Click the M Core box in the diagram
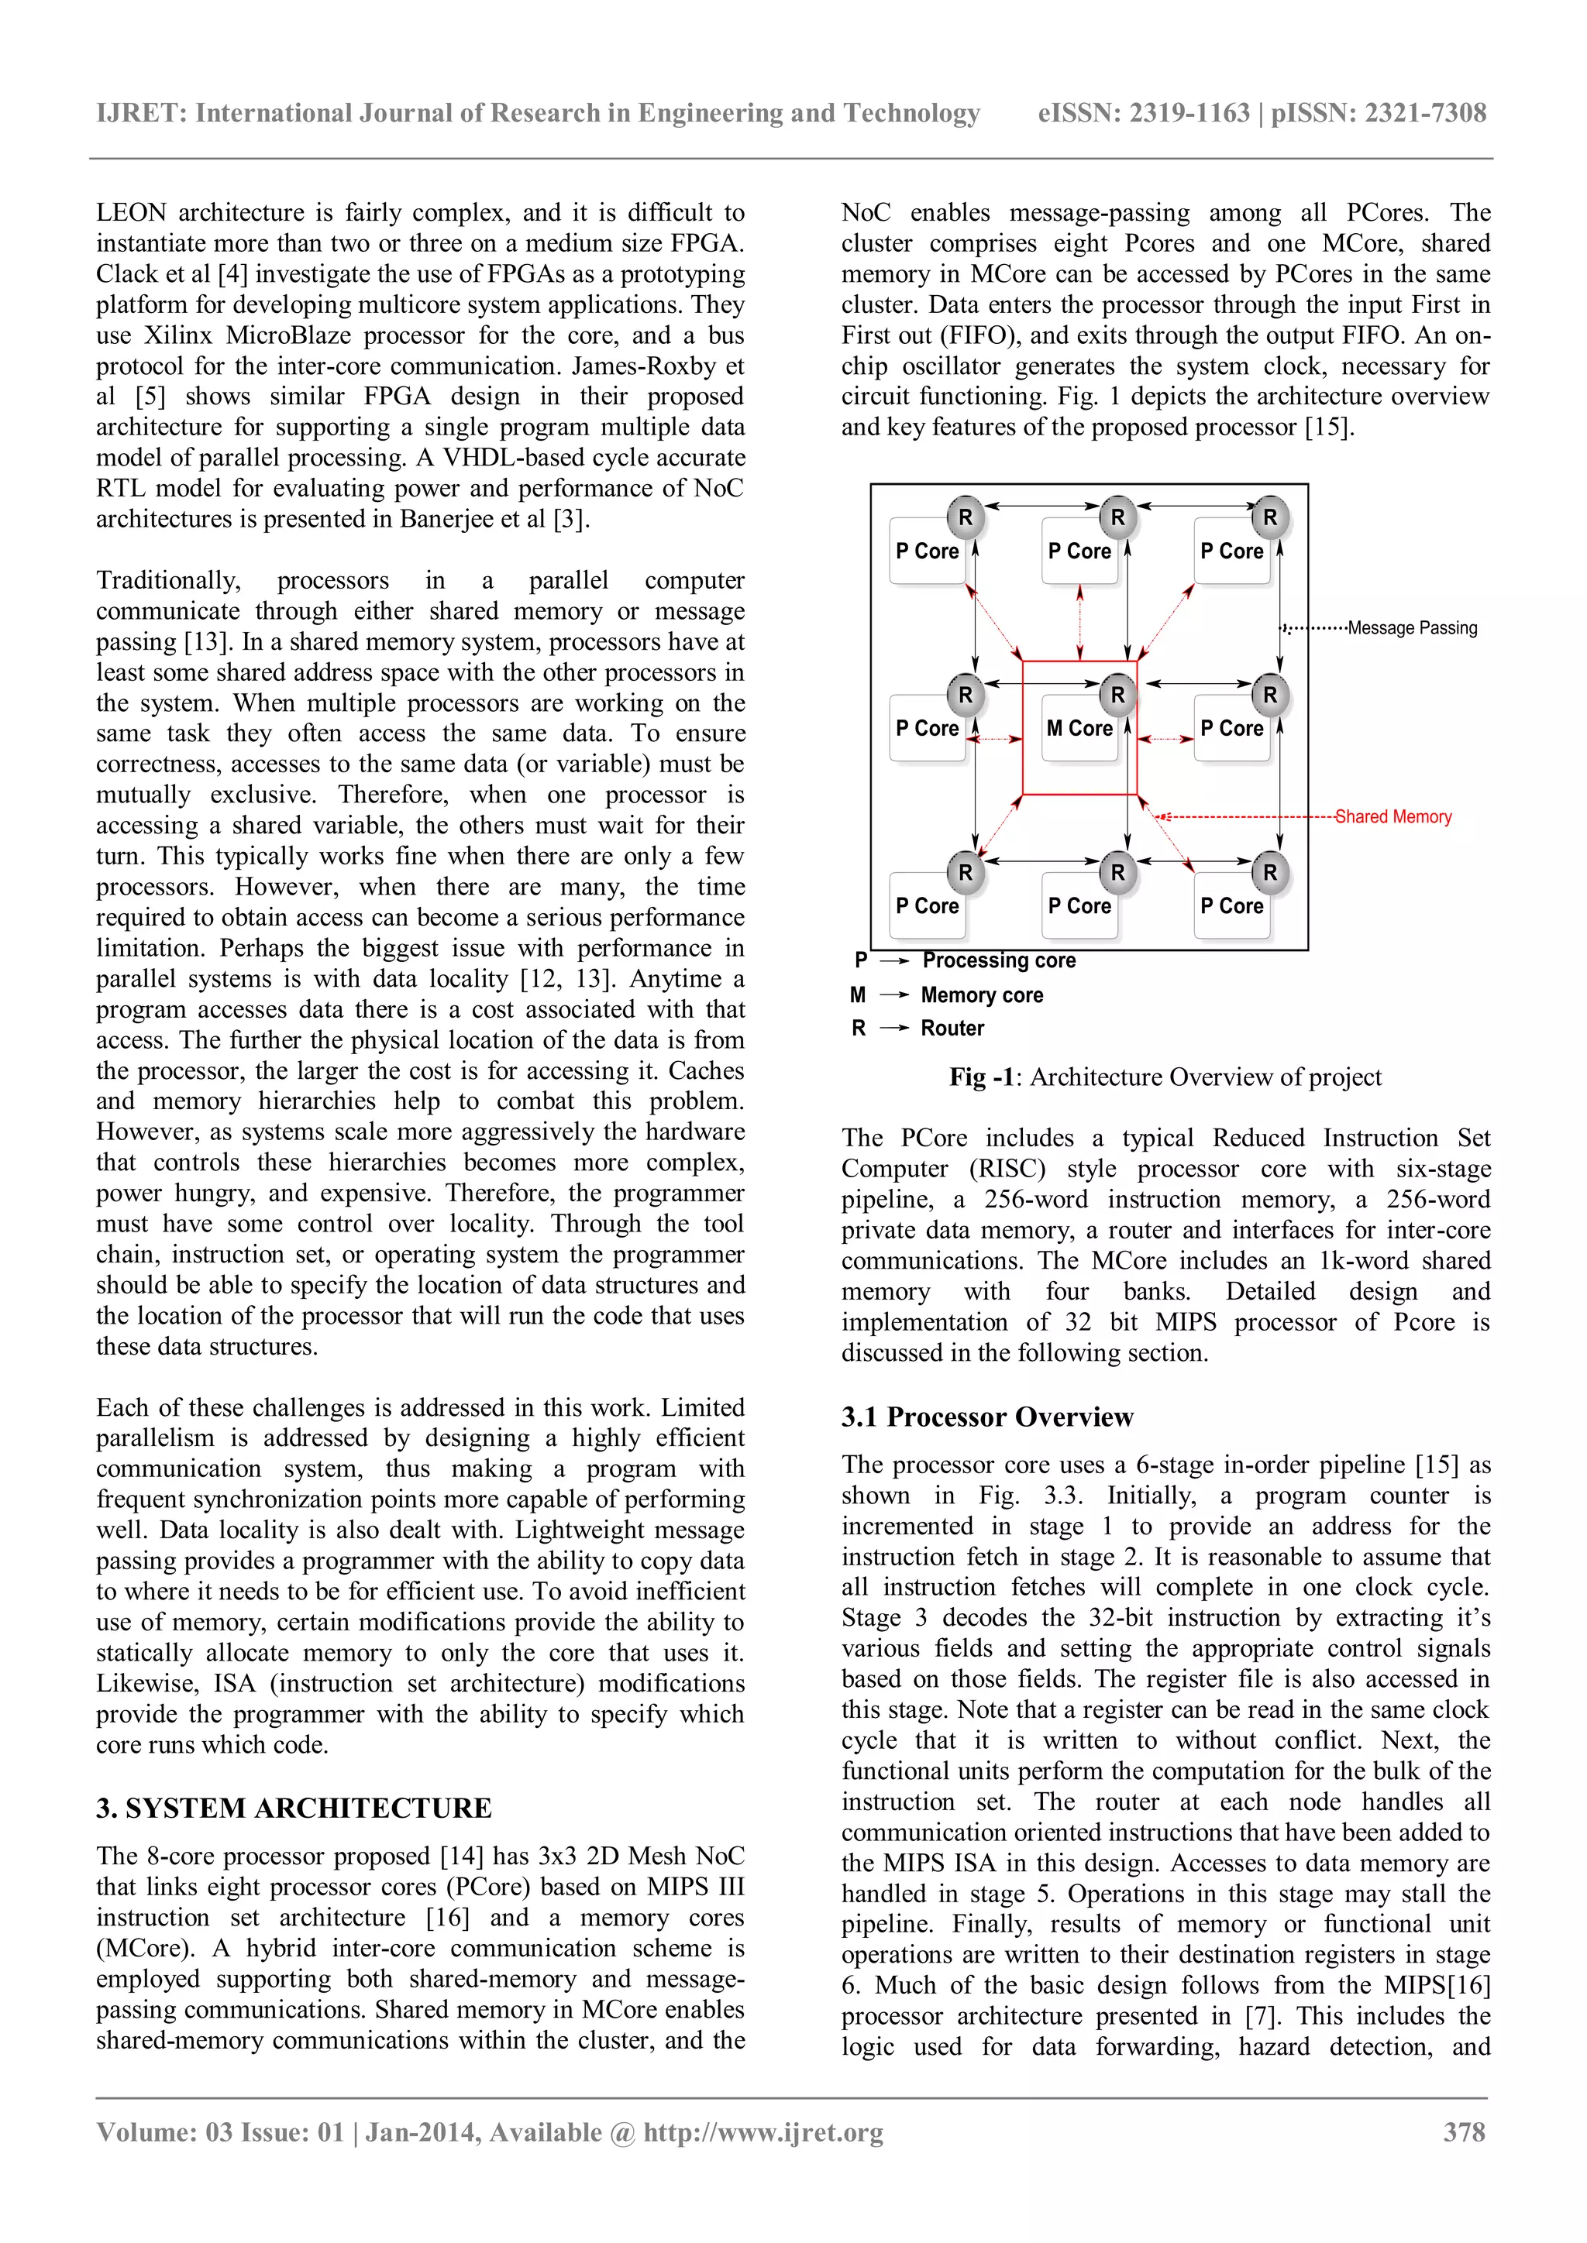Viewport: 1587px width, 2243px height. [x=1079, y=729]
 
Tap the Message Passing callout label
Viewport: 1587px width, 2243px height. [x=1411, y=628]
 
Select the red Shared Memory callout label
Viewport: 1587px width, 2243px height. [x=1392, y=816]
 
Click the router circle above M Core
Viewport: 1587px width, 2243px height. [x=1117, y=695]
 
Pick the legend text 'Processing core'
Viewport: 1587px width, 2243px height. [x=998, y=960]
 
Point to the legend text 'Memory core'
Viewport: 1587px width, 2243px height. [x=981, y=994]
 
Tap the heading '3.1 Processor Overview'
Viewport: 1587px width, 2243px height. [x=987, y=1417]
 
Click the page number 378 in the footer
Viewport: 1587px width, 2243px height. [x=1464, y=2131]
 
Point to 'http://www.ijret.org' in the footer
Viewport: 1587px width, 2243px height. [x=763, y=2131]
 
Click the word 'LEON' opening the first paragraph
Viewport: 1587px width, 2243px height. [x=131, y=213]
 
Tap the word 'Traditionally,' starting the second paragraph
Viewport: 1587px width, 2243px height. [x=168, y=580]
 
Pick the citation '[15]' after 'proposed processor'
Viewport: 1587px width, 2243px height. [x=1329, y=427]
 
